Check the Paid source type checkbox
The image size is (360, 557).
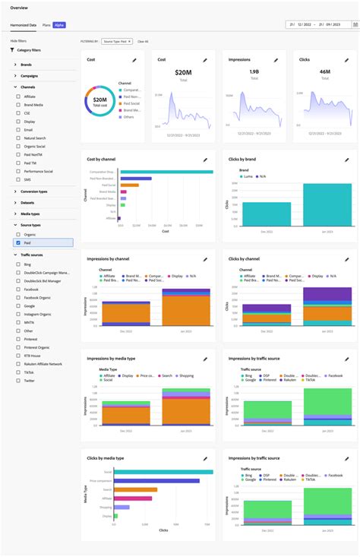pyautogui.click(x=17, y=243)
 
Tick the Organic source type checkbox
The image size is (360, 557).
pyautogui.click(x=17, y=235)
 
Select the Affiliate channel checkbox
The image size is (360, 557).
pyautogui.click(x=17, y=97)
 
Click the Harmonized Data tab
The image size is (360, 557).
pyautogui.click(x=24, y=25)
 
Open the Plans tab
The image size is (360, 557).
pyautogui.click(x=46, y=25)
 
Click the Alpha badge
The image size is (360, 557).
pyautogui.click(x=59, y=25)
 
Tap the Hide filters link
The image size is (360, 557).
pyautogui.click(x=19, y=40)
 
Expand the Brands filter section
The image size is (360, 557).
pyautogui.click(x=26, y=65)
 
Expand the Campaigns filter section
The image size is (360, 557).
pyautogui.click(x=29, y=76)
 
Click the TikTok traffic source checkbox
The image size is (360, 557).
pyautogui.click(x=17, y=372)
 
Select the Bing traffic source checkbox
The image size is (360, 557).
pyautogui.click(x=17, y=263)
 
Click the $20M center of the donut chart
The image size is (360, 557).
pyautogui.click(x=99, y=99)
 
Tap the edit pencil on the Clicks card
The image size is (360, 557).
pyautogui.click(x=346, y=59)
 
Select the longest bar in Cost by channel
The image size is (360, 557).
pyautogui.click(x=166, y=172)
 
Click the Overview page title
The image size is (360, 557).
pyautogui.click(x=20, y=8)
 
